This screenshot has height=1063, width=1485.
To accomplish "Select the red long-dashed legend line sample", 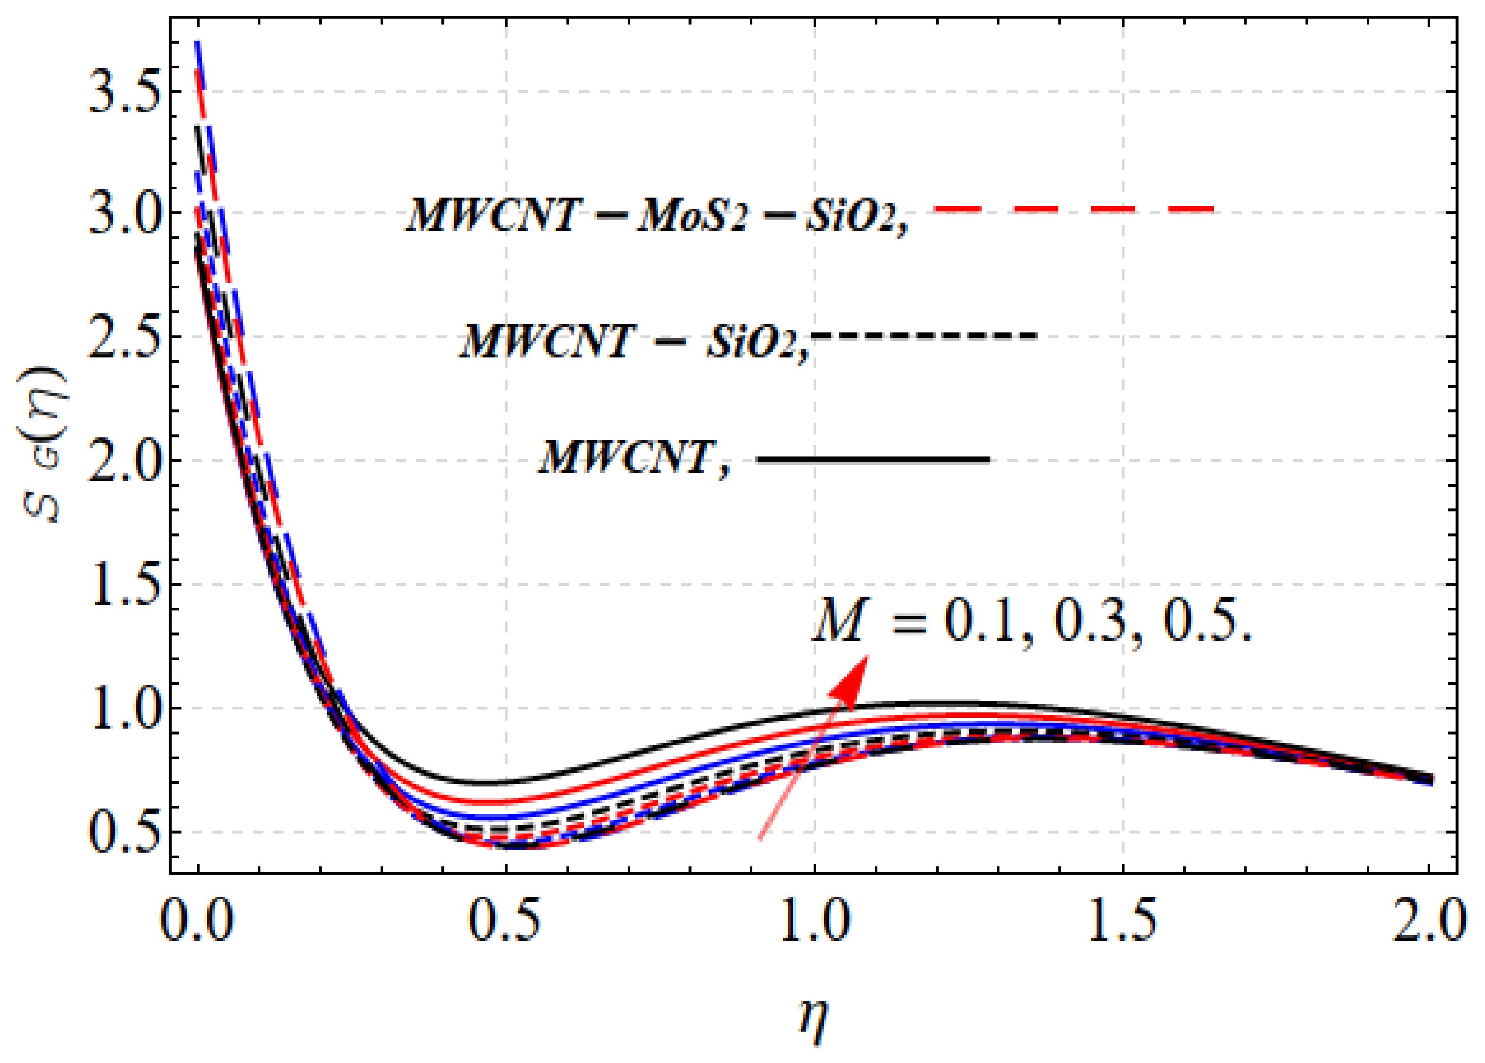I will pos(1074,209).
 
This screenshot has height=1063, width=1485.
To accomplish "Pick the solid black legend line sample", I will pos(873,460).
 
